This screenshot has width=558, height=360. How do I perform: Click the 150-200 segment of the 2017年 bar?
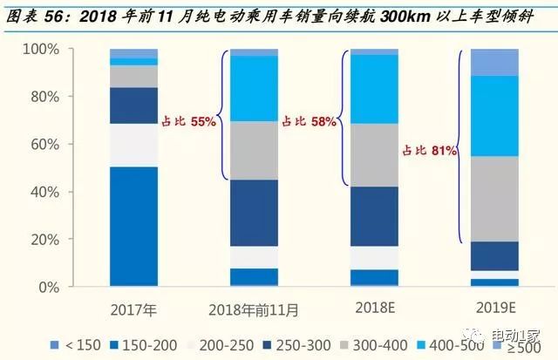click(133, 226)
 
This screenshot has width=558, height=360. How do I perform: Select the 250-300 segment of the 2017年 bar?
click(133, 105)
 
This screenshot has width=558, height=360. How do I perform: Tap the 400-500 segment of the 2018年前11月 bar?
click(254, 88)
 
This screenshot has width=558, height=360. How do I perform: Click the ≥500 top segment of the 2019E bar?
click(493, 62)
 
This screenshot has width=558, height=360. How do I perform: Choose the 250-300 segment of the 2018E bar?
click(374, 216)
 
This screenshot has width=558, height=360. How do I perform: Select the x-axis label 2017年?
click(133, 309)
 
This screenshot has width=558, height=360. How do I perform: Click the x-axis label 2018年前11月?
click(254, 309)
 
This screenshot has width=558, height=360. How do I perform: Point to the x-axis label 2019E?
click(493, 309)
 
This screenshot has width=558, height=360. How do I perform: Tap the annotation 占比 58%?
click(309, 123)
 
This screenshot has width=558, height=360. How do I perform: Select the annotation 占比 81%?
click(430, 151)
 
